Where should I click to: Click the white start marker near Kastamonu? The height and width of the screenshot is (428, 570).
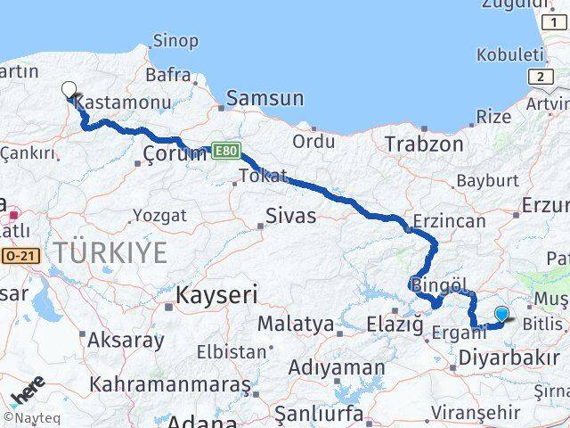pos(69,88)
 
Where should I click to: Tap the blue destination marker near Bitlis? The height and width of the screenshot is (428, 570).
pos(502,314)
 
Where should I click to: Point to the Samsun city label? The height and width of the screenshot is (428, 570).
pos(265,99)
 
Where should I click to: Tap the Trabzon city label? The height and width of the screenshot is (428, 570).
pos(424,143)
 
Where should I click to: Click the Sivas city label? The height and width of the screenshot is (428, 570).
pos(291,215)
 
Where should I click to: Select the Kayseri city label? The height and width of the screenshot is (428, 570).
pos(216,294)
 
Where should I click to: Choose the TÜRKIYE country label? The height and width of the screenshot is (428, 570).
pos(109,253)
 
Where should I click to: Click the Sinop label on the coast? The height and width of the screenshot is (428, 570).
pos(175,40)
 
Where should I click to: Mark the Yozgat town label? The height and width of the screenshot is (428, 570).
pos(159,215)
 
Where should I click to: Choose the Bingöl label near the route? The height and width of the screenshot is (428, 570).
pos(439,285)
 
